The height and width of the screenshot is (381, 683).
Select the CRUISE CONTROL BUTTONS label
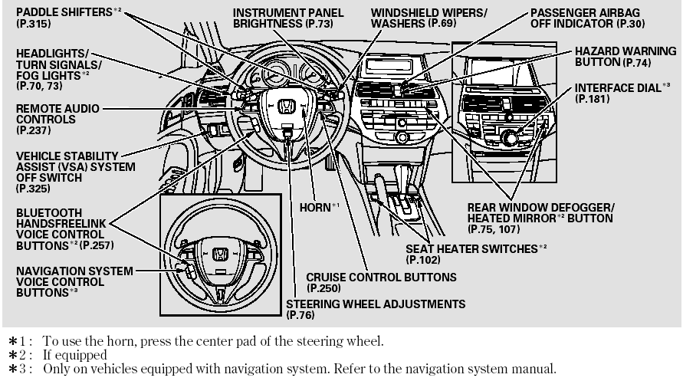pyautogui.click(x=380, y=277)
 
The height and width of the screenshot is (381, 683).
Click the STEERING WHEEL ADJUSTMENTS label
pyautogui.click(x=375, y=304)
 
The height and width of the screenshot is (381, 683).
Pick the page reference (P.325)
pyautogui.click(x=30, y=188)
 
